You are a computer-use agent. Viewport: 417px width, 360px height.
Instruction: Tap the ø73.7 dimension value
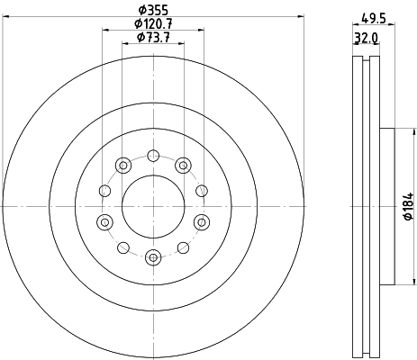153,38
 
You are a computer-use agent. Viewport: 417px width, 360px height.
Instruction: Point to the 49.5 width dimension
368,16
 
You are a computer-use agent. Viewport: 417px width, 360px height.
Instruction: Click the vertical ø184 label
407,206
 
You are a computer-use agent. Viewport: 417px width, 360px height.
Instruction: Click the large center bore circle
152,206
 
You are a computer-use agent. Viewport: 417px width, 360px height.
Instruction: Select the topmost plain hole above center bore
152,155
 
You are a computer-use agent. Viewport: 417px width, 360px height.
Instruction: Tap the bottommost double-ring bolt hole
152,258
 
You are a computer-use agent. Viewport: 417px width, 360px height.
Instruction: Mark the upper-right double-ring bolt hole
183,164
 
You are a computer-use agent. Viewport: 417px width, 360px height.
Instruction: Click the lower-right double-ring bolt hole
200,222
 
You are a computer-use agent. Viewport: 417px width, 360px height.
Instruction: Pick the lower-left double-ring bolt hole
104,222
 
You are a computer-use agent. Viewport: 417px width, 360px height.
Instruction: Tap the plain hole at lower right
183,247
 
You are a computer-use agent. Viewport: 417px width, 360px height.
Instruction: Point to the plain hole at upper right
201,191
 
